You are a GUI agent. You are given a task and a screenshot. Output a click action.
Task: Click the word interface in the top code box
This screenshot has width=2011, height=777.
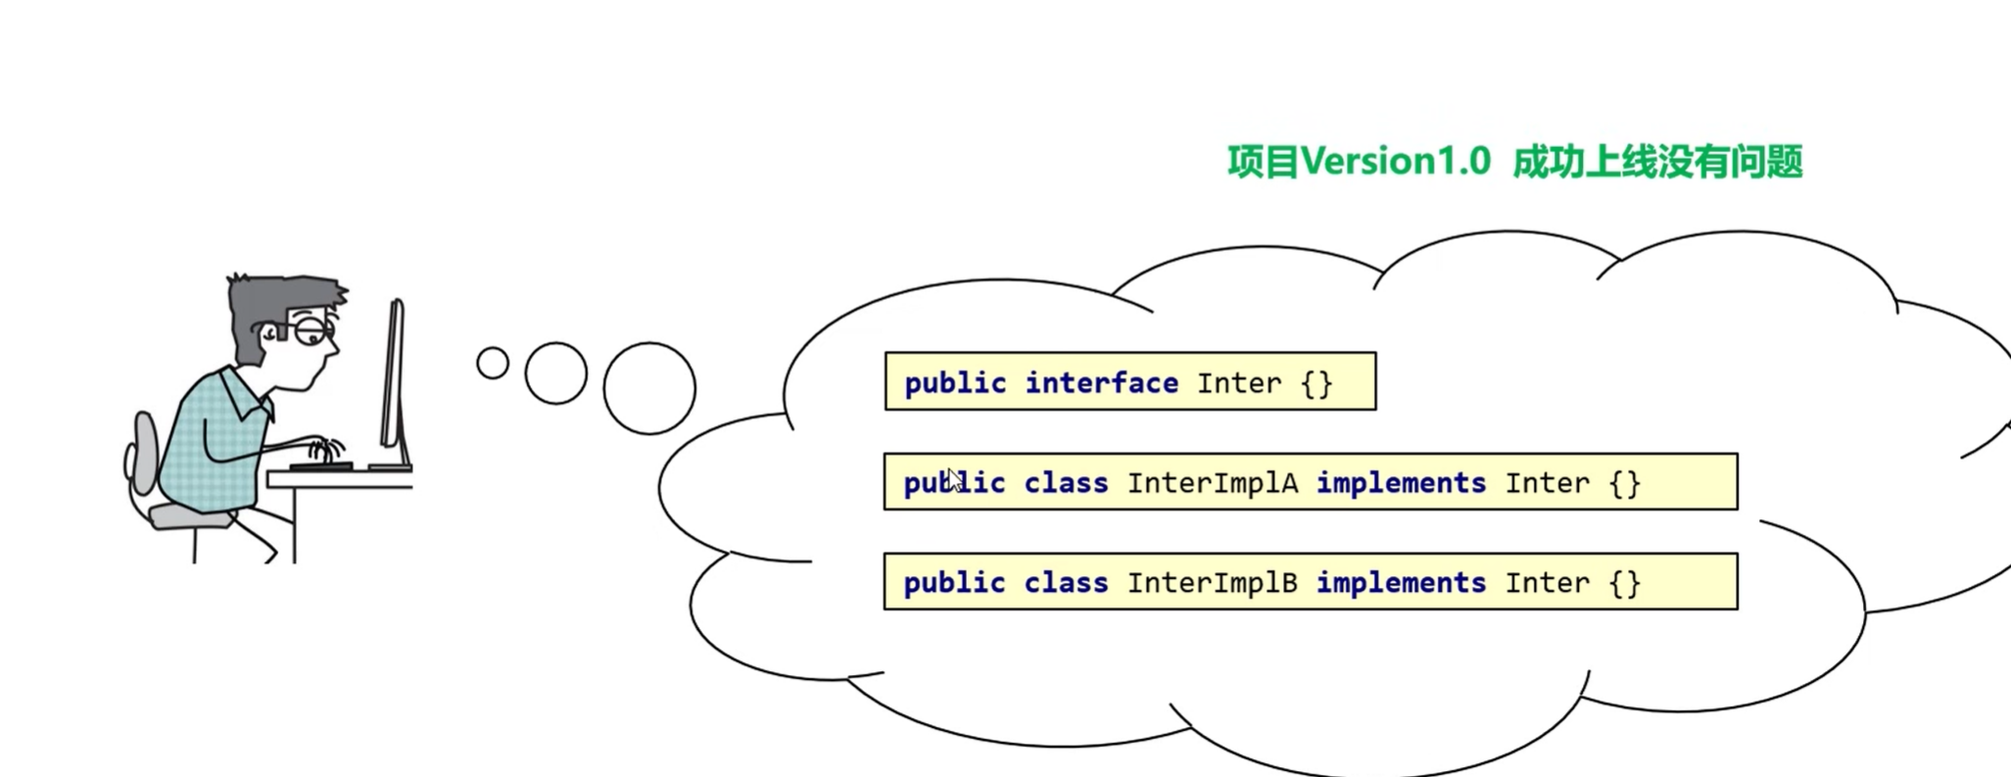(1101, 383)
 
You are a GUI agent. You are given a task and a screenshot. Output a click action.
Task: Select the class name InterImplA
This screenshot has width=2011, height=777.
(1213, 483)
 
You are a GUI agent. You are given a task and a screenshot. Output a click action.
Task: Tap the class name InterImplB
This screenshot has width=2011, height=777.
(1213, 583)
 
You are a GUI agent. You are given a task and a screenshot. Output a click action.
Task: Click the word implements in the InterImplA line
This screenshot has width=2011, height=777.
(1401, 483)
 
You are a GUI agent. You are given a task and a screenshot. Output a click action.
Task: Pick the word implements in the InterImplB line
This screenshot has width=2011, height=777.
(1401, 583)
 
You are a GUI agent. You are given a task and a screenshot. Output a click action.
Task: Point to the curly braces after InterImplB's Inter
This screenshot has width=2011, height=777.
(1625, 584)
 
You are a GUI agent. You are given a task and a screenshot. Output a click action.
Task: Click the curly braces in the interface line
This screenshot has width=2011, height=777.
(1317, 383)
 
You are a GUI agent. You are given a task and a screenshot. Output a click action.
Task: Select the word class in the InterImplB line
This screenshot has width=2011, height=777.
(1066, 583)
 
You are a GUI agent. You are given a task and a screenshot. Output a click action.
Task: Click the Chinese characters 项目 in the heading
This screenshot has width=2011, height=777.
(1263, 162)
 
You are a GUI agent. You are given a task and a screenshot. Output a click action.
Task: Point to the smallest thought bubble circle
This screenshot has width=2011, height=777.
(493, 364)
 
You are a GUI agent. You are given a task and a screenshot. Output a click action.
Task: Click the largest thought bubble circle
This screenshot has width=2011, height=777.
(649, 388)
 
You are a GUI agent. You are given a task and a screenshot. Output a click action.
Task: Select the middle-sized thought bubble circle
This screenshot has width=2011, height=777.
(555, 373)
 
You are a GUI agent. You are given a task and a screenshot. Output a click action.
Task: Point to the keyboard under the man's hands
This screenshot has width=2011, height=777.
(321, 465)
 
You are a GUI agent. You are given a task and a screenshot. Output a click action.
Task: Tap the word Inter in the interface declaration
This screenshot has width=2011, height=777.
(1238, 383)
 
